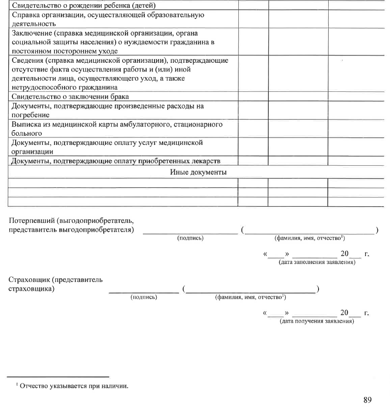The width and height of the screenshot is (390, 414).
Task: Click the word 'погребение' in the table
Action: pyautogui.click(x=28, y=114)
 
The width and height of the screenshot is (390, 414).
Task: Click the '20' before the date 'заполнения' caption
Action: pyautogui.click(x=344, y=254)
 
